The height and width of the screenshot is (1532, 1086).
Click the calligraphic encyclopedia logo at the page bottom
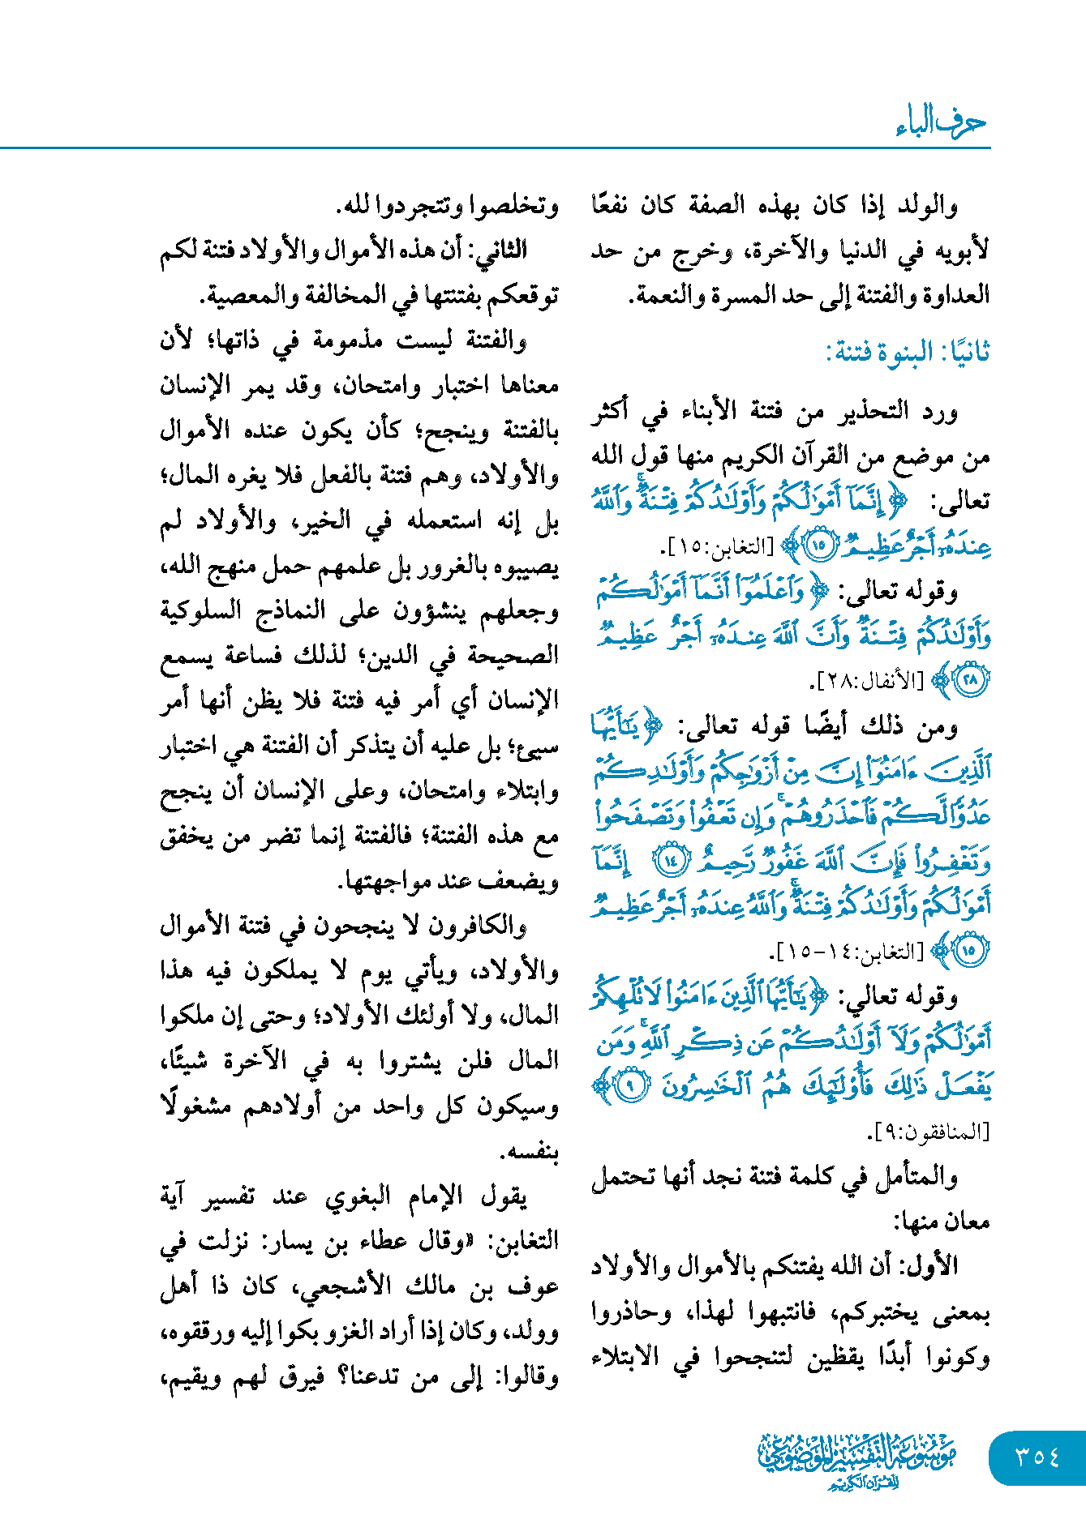click(x=857, y=1459)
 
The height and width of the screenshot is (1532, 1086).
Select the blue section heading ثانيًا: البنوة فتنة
click(x=908, y=353)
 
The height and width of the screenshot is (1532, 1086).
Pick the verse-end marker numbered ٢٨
click(x=970, y=679)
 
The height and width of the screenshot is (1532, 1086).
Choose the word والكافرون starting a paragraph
click(x=487, y=926)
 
